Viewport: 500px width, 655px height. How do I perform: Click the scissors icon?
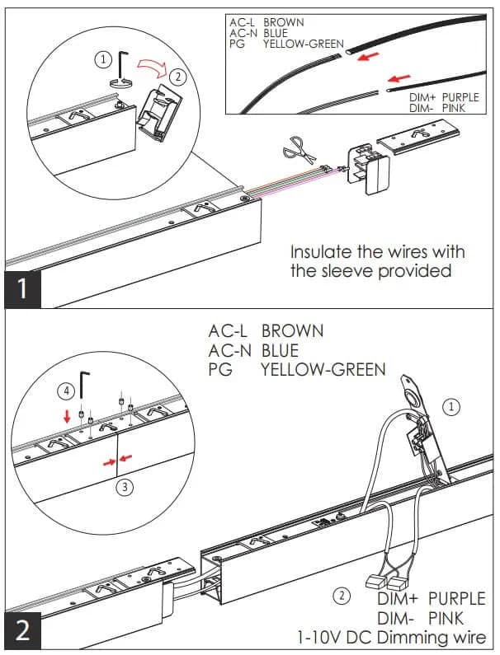point(299,150)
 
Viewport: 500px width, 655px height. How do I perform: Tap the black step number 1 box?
point(23,289)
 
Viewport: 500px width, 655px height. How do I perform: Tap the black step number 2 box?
point(23,631)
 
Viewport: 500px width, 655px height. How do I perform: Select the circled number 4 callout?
point(66,391)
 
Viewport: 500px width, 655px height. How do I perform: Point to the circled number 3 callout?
point(125,487)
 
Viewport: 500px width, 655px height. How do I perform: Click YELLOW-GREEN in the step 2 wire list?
point(323,370)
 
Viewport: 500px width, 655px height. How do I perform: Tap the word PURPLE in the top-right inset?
point(460,97)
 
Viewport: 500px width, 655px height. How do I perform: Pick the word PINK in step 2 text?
point(446,618)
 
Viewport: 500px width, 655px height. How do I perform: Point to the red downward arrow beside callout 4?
point(66,415)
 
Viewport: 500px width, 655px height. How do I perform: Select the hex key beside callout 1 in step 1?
point(123,66)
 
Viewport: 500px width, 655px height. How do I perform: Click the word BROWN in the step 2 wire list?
point(292,331)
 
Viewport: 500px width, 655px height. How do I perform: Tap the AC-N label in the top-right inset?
point(243,33)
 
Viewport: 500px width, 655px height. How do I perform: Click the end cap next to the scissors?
point(368,169)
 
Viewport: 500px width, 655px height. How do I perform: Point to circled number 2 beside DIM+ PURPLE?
point(342,595)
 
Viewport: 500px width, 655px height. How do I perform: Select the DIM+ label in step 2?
point(398,599)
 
